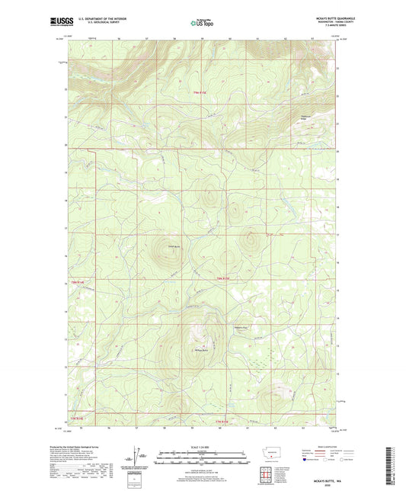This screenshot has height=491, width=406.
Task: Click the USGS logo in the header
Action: tap(62, 22)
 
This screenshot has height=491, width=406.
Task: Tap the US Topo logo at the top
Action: tap(202, 23)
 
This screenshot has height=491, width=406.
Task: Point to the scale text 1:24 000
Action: tap(202, 447)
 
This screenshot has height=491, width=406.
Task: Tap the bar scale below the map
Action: tap(202, 461)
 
